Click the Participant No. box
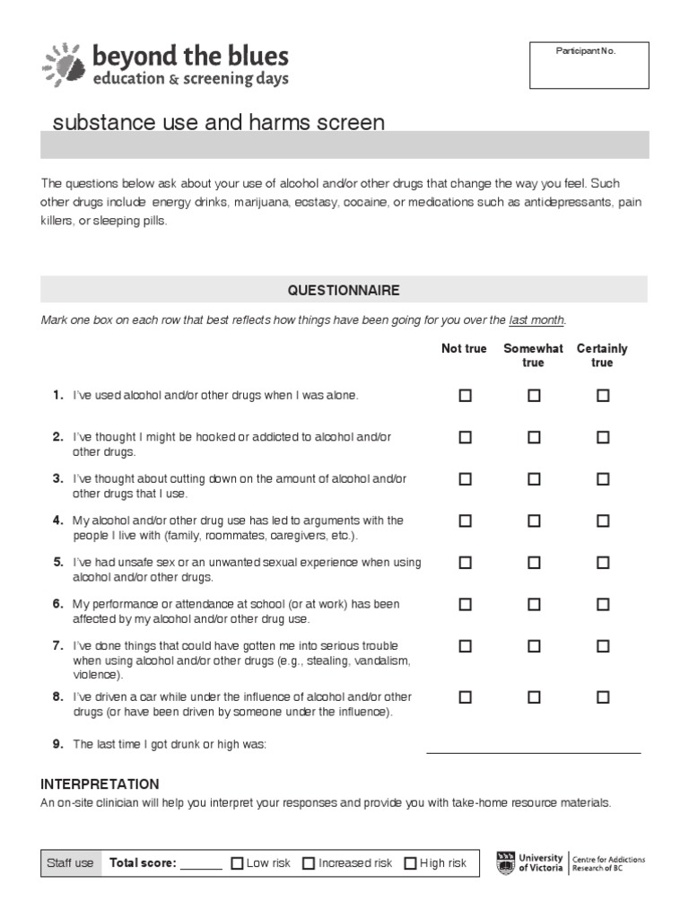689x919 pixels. (589, 65)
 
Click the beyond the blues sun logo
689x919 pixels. (63, 65)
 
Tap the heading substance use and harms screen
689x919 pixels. (219, 122)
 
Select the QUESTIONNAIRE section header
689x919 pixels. (344, 290)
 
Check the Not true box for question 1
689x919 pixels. (465, 395)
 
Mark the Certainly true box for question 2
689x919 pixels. (603, 437)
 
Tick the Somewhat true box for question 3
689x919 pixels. (534, 479)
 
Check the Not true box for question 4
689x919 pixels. (465, 521)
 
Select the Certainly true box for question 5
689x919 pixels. (603, 563)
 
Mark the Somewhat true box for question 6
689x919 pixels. (534, 605)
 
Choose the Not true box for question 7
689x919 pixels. (465, 646)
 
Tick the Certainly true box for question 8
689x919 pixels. (603, 696)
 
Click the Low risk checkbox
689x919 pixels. (237, 863)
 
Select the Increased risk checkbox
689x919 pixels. (309, 863)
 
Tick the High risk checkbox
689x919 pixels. (410, 863)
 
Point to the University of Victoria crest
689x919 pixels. (507, 862)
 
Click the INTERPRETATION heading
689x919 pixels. (100, 783)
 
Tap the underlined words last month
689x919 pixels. (536, 320)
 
